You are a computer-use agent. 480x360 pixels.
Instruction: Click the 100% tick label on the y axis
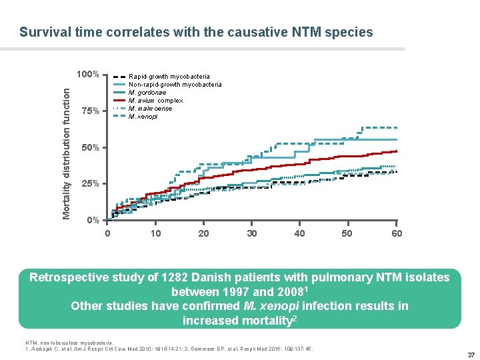pos(87,74)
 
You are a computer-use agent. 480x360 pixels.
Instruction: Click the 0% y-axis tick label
pos(92,220)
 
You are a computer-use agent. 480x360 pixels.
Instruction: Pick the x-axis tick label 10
pos(155,233)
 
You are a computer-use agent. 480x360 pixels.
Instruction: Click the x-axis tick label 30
pos(251,233)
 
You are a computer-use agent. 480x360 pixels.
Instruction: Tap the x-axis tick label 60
pos(397,233)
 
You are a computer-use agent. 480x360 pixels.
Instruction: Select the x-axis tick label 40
pos(300,233)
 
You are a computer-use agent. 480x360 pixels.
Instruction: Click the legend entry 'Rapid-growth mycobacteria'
pos(169,77)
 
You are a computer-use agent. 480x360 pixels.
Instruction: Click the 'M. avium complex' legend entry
pos(155,101)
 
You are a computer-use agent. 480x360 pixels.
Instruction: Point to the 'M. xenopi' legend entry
pos(145,117)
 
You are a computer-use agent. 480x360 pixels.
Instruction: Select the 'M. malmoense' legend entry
pos(150,109)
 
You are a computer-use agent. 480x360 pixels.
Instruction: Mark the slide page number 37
pos(471,354)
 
